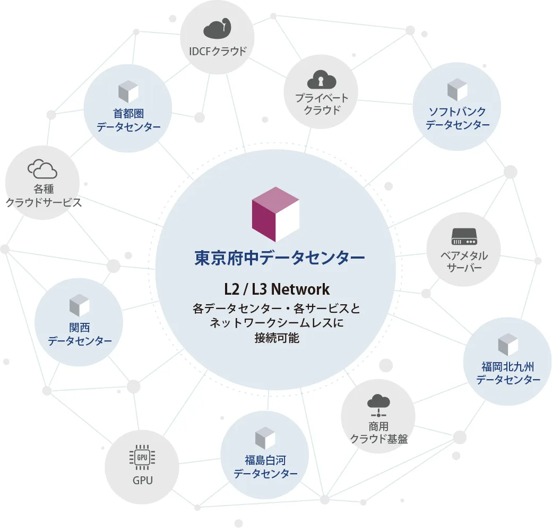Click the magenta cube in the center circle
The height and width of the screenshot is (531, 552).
tap(275, 214)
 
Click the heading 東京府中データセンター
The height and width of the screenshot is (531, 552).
tap(280, 258)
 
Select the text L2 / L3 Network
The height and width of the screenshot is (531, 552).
tap(277, 289)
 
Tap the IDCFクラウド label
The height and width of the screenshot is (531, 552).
tap(218, 52)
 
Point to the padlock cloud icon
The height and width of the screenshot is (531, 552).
tap(322, 80)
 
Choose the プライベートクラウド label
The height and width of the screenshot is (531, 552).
tap(322, 104)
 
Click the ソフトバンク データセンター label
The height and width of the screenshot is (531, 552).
tap(458, 118)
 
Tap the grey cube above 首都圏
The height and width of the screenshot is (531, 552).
tap(128, 91)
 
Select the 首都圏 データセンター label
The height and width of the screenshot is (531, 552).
tap(128, 120)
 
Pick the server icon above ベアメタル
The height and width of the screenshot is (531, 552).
tap(464, 236)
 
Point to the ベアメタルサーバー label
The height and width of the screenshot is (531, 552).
tap(464, 262)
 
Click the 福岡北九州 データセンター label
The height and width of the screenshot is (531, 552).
tap(508, 373)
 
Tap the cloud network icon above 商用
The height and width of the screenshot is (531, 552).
tap(378, 406)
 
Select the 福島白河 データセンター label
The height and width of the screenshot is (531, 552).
tap(265, 467)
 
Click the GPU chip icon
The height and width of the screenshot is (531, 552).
tap(142, 457)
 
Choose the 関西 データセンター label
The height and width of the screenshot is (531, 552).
tap(80, 334)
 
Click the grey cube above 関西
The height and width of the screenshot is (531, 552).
tap(79, 305)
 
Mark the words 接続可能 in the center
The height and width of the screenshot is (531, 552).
tap(277, 338)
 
